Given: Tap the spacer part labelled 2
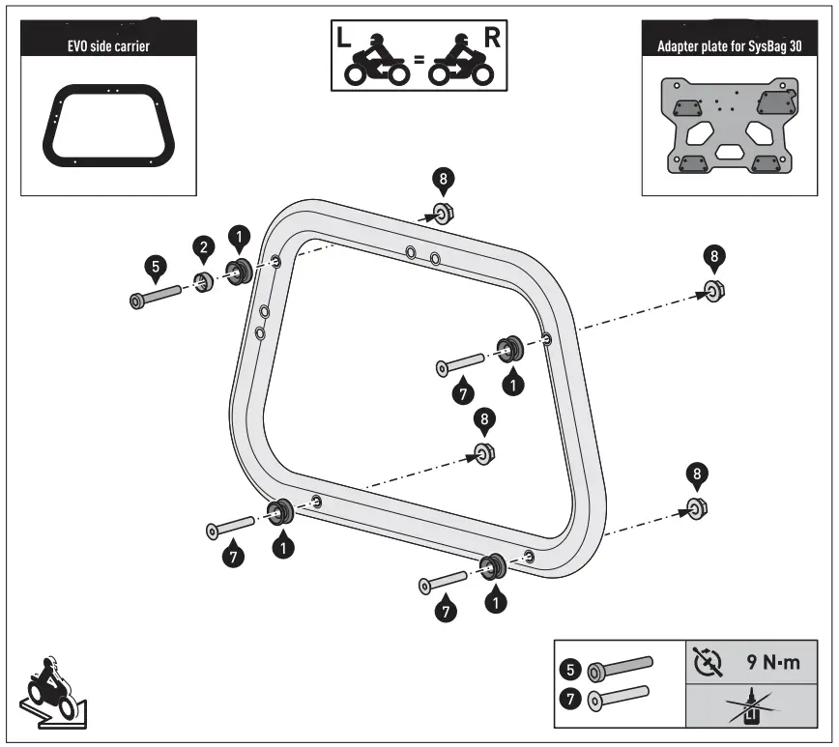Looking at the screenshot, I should [204, 283].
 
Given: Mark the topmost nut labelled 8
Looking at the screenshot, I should [444, 212].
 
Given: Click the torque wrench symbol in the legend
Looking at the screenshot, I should [709, 664].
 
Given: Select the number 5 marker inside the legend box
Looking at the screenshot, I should [571, 667].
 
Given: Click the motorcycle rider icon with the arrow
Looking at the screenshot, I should [48, 688].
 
